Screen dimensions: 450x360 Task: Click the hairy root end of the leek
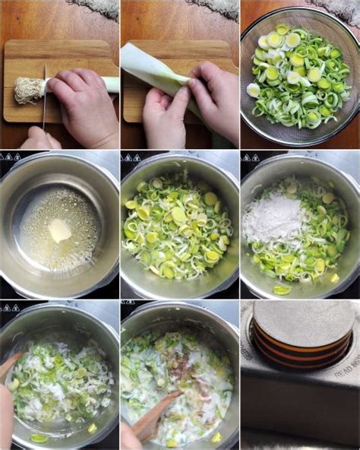click(28, 90)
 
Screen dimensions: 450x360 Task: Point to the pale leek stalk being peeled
click(156, 69)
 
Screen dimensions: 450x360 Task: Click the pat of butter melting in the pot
click(59, 230)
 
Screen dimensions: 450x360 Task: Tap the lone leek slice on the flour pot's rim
click(282, 290)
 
